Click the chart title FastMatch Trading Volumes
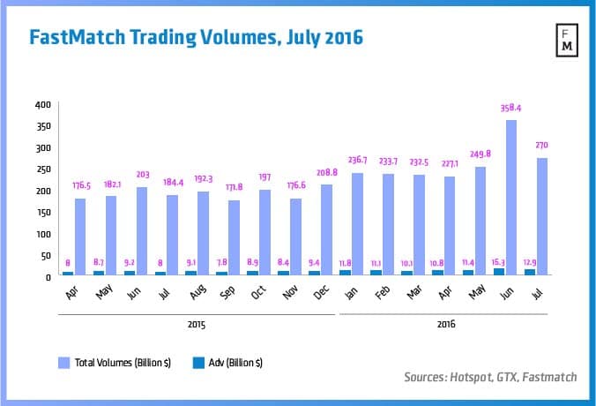point(196,38)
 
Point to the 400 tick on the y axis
point(42,104)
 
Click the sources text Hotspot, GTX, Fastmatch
point(490,377)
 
